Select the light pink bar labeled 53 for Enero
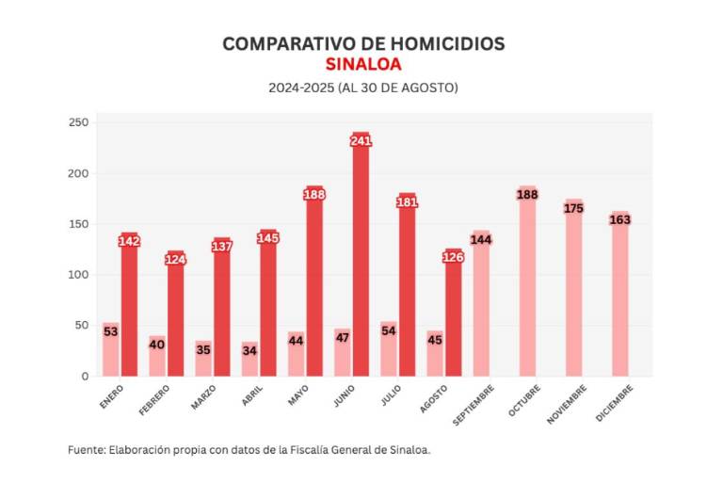111,350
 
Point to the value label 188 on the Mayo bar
314,195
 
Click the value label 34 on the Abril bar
249,350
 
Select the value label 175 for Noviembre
573,208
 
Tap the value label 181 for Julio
407,201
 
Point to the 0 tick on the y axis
85,377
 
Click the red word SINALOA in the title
362,65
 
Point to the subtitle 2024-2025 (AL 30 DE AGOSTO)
362,88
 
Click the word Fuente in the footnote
87,450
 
